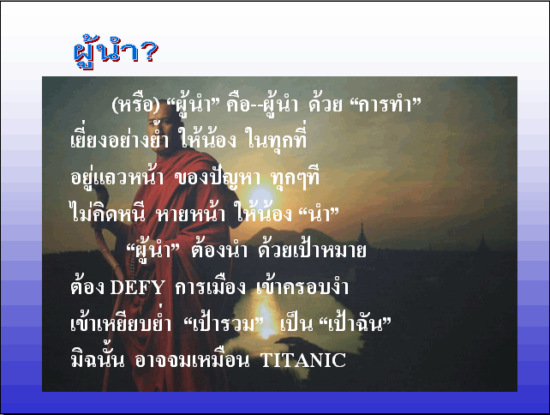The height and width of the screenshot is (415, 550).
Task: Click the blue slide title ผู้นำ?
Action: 116,52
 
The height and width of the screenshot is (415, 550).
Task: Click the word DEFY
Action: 137,287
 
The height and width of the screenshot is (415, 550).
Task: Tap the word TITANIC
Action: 303,360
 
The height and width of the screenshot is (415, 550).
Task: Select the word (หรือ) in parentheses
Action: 135,105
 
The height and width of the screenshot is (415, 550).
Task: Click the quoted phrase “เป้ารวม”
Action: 224,323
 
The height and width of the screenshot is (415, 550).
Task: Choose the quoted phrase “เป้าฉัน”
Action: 355,323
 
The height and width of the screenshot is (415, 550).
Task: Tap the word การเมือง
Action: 210,287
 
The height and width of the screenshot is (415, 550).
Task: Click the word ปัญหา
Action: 236,177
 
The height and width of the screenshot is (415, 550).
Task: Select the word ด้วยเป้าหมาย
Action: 312,250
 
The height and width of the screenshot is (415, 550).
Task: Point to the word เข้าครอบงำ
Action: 302,286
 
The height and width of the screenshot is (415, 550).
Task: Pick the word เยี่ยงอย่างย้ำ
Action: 120,138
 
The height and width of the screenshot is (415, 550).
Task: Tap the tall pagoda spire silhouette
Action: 362,232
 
